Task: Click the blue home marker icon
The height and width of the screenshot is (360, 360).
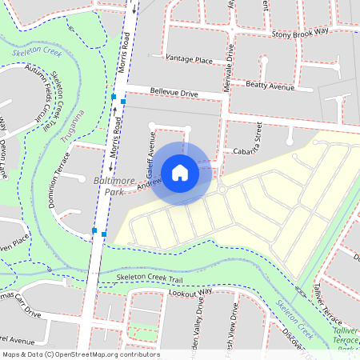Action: [180, 172]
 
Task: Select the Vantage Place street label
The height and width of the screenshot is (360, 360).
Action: [188, 59]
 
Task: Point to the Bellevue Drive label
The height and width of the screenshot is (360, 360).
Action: [174, 94]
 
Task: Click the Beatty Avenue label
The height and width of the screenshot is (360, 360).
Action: [270, 86]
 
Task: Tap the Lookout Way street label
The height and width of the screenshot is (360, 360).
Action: [191, 292]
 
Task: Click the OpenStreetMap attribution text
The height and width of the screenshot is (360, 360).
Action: [80, 354]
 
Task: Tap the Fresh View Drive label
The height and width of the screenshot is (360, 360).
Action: [234, 330]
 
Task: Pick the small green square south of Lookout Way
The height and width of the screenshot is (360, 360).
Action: [142, 330]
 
